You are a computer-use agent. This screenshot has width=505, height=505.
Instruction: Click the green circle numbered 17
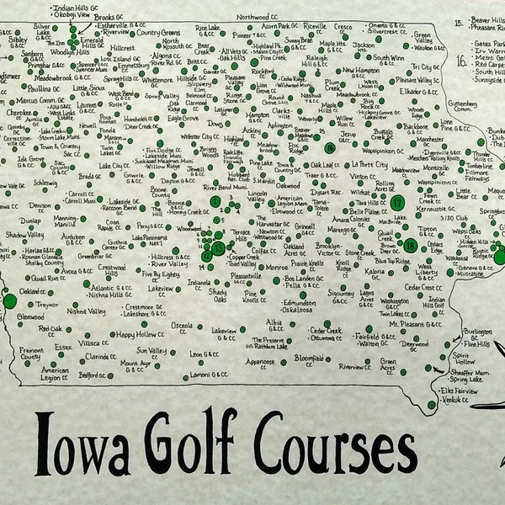pyautogui.click(x=397, y=203)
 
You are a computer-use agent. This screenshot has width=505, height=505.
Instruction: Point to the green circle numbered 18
pyautogui.click(x=410, y=245)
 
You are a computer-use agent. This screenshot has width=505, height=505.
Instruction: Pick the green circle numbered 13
pyautogui.click(x=218, y=248)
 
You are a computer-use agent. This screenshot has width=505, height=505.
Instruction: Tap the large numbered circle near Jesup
pyautogui.click(x=330, y=147)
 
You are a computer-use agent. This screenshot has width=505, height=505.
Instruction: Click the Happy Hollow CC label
pyautogui.click(x=137, y=334)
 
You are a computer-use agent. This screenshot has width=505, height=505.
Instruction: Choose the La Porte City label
pyautogui.click(x=369, y=165)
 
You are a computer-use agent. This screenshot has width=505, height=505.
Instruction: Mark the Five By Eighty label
pyautogui.click(x=161, y=274)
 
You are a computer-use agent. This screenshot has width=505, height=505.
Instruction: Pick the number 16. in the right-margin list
pyautogui.click(x=462, y=61)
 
